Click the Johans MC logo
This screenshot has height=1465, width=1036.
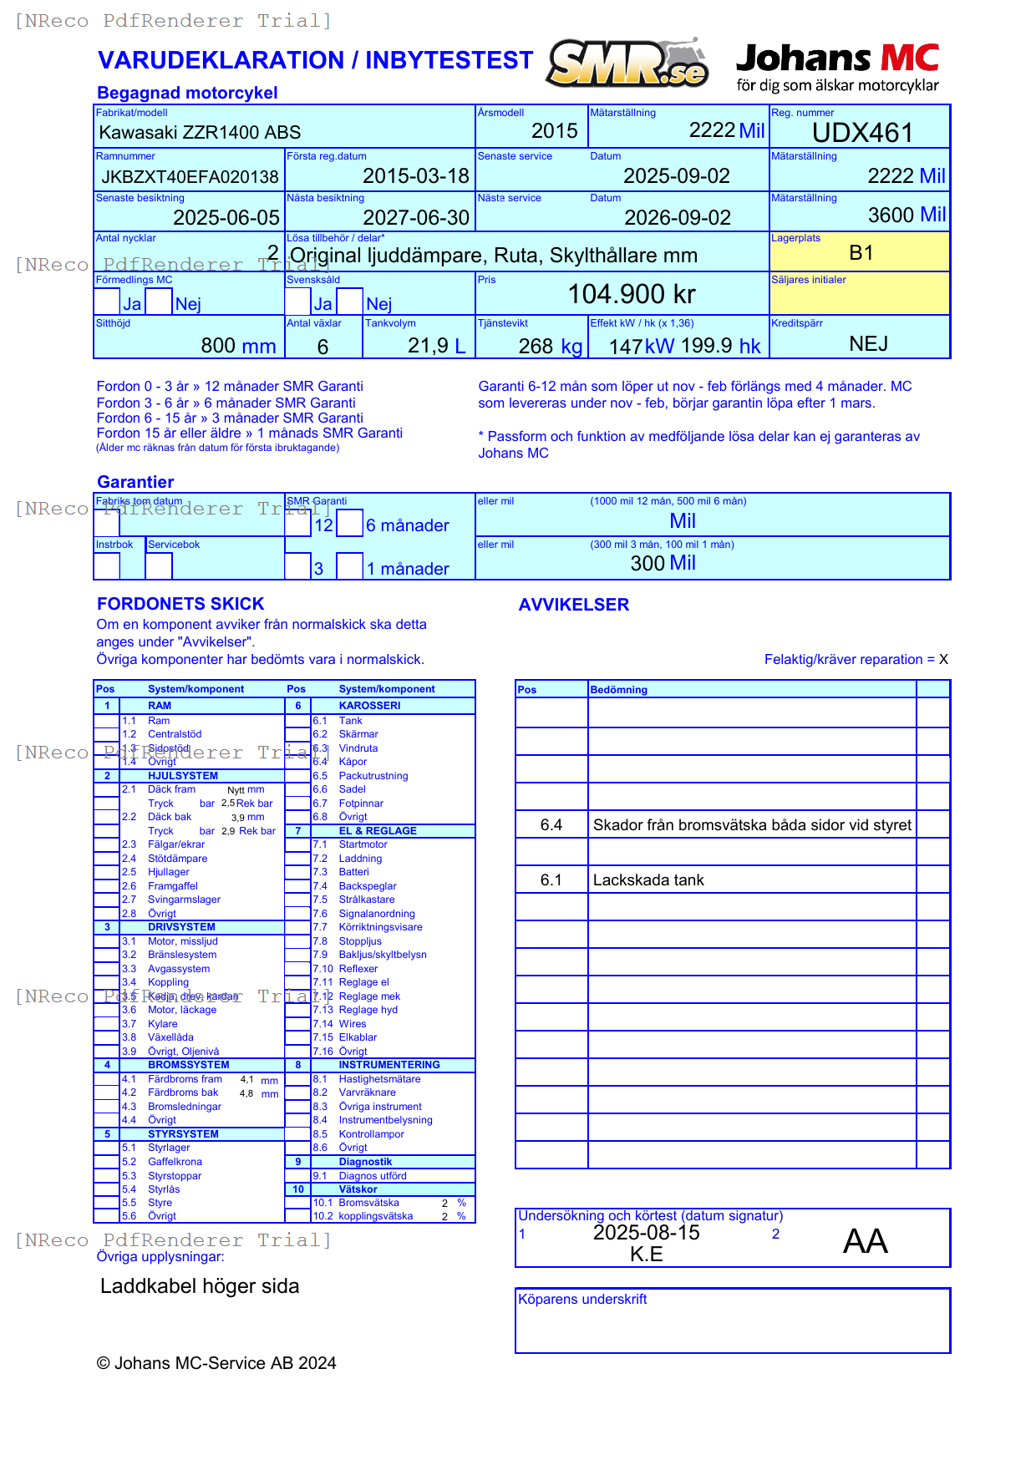[x=837, y=66]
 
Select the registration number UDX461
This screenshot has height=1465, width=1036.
[x=862, y=133]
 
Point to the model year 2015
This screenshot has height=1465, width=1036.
[x=554, y=131]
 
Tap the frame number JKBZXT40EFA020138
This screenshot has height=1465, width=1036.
[x=190, y=177]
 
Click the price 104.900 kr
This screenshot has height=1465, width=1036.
[x=632, y=294]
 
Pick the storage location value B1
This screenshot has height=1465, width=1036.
[x=861, y=253]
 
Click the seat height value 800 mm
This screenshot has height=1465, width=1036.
[x=238, y=346]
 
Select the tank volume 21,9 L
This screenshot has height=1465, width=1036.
[x=436, y=346]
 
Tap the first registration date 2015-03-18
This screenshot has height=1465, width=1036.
[x=415, y=176]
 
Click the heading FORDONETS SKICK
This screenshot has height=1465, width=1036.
[x=180, y=604]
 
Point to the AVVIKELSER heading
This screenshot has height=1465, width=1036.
[x=573, y=605]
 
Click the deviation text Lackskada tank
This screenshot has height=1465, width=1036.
[x=648, y=880]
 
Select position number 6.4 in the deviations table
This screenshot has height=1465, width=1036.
[x=551, y=825]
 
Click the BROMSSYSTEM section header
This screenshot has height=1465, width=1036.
[x=188, y=1065]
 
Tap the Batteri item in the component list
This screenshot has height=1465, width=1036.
[x=353, y=872]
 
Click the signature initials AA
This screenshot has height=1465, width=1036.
[x=865, y=1241]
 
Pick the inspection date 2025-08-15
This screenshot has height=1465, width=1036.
[x=646, y=1233]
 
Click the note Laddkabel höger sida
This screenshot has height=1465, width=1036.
[x=200, y=1286]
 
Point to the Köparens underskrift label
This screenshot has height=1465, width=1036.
[x=582, y=1299]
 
